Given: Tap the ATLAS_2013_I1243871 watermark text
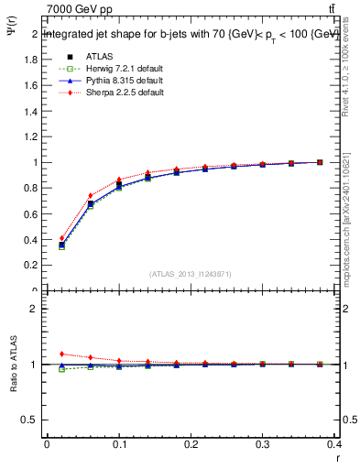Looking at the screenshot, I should click(x=191, y=275).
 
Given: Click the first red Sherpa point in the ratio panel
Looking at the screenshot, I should click(x=62, y=354).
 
